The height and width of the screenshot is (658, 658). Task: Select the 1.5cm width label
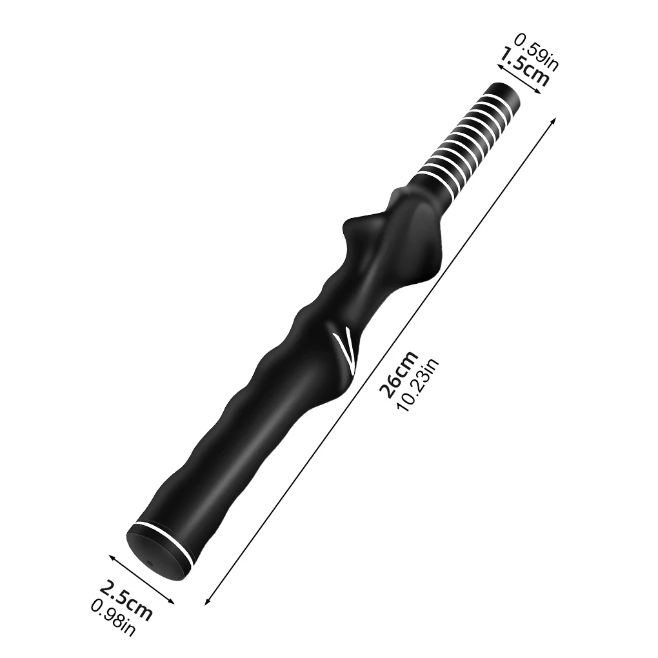[x=524, y=66]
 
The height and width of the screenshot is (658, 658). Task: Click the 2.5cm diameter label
[x=126, y=599]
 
